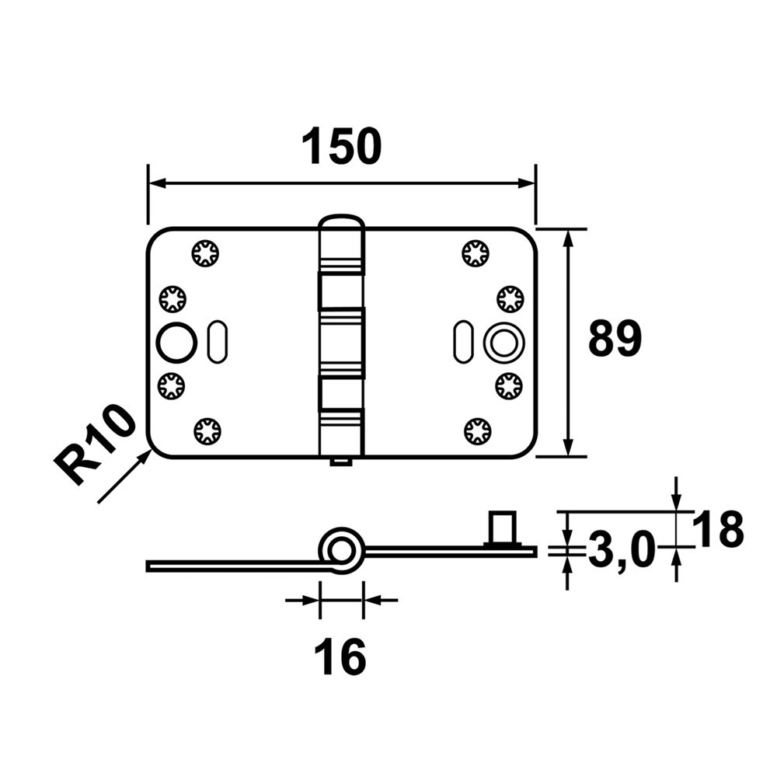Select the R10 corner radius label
pyautogui.click(x=95, y=444)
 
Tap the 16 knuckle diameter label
pyautogui.click(x=340, y=658)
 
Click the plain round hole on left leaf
pyautogui.click(x=176, y=341)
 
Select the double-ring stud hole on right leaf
pyautogui.click(x=503, y=341)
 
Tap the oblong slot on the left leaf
pyautogui.click(x=216, y=341)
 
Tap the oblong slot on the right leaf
pyautogui.click(x=463, y=341)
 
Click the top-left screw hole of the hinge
pyautogui.click(x=206, y=253)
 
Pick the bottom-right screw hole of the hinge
pyautogui.click(x=476, y=430)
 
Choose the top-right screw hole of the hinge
pyautogui.click(x=475, y=253)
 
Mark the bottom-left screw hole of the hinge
pyautogui.click(x=207, y=430)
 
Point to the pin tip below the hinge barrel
pyautogui.click(x=340, y=463)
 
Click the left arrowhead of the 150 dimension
pyautogui.click(x=155, y=183)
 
